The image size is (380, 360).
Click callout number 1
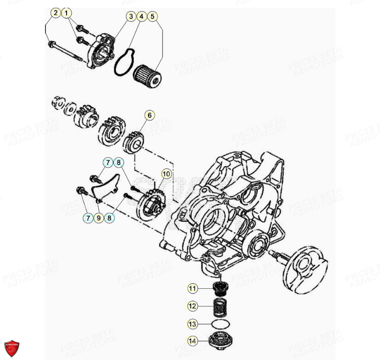[x=67, y=13]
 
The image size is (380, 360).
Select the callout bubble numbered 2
[x=55, y=13]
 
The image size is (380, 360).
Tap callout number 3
[x=131, y=17]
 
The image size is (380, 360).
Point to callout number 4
[x=142, y=17]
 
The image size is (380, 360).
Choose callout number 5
[x=153, y=17]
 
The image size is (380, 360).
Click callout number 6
[x=150, y=115]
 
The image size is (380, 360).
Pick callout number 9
[x=98, y=219]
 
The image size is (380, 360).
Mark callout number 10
[x=166, y=174]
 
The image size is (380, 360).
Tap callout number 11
[x=192, y=289]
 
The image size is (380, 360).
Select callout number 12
[x=192, y=305]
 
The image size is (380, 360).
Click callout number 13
[x=192, y=324]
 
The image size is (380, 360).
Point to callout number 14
[x=192, y=341]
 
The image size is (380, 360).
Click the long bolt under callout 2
[x=67, y=51]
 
